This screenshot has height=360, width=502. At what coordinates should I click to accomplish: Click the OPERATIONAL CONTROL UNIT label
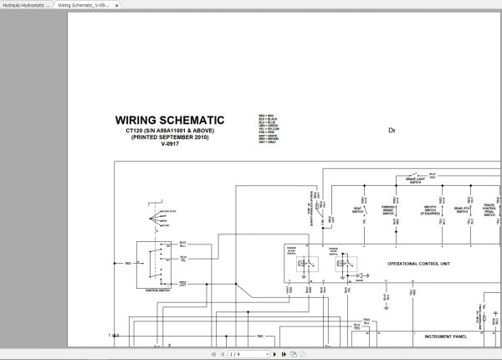[418, 264]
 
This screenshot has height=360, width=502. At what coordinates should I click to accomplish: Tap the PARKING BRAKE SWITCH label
[387, 212]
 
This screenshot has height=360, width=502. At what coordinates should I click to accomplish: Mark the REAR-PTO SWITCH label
[461, 211]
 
